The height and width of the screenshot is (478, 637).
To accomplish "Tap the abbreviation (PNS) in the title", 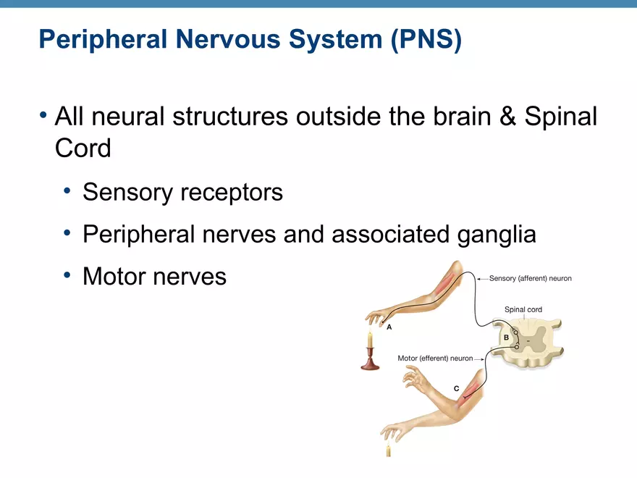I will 426,40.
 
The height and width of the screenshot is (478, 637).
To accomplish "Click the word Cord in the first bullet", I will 83,148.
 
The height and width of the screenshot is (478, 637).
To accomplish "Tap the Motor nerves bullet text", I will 154,276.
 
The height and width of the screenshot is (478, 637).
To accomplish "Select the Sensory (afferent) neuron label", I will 530,278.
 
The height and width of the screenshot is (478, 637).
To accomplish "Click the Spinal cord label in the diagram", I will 523,310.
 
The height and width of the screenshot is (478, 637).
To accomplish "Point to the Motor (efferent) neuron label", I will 435,358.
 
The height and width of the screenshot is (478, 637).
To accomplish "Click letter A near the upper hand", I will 389,327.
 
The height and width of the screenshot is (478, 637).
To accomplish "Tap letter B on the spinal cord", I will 506,337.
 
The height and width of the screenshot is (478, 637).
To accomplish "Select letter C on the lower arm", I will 456,389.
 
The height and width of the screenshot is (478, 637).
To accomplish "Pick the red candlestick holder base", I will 370,364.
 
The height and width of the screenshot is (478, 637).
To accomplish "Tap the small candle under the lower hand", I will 388,450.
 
